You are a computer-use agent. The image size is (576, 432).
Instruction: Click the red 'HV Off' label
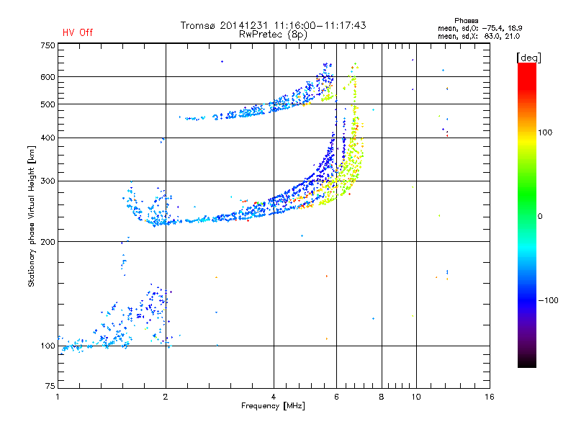coord(78,32)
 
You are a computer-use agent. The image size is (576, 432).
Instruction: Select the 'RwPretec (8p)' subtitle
coord(273,35)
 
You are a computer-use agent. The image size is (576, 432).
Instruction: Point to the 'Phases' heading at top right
coord(466,21)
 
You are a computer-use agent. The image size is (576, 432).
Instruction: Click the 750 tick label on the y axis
coord(48,45)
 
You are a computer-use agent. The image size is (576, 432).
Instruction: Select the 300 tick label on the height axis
coord(48,181)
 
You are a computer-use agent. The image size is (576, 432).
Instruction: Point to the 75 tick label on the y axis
coord(50,386)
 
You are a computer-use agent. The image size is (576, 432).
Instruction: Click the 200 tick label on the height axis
coord(48,242)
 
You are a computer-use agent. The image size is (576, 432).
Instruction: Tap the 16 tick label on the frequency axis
coord(490,397)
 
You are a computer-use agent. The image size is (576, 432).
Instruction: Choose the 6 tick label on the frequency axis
coord(336,397)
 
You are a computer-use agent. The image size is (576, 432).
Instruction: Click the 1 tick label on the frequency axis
coord(58,397)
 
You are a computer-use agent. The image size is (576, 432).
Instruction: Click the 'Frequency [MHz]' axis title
coord(273,406)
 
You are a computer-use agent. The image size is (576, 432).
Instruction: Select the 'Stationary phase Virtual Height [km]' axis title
coord(32,216)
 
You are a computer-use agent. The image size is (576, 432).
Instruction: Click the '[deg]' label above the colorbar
coord(528,58)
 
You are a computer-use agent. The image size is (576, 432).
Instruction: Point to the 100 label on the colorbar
coord(545,132)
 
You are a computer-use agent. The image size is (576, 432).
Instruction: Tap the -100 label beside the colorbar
coord(548,300)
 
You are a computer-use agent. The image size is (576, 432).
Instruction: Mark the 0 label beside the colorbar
coord(540,217)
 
